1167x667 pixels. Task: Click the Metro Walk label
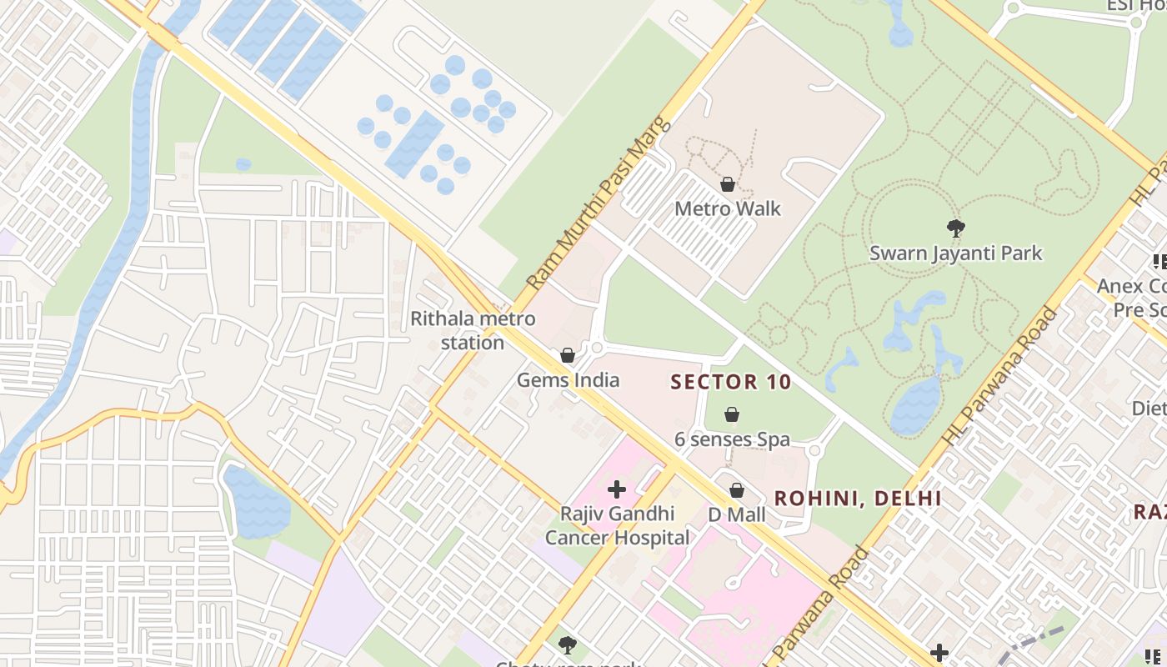pyautogui.click(x=728, y=208)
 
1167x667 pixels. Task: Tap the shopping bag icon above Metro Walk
pyautogui.click(x=728, y=184)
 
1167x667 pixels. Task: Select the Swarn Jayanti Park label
pyautogui.click(x=955, y=253)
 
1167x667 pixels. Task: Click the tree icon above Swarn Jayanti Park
pyautogui.click(x=955, y=227)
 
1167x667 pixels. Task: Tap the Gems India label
pyautogui.click(x=568, y=380)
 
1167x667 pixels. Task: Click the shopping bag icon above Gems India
pyautogui.click(x=568, y=355)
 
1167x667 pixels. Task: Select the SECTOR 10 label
pyautogui.click(x=730, y=383)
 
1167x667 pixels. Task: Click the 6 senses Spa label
pyautogui.click(x=732, y=439)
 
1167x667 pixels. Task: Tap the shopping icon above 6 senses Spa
pyautogui.click(x=732, y=414)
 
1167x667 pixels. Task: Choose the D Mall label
pyautogui.click(x=736, y=514)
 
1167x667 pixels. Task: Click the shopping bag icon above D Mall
pyautogui.click(x=737, y=490)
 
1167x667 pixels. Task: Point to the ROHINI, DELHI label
pyautogui.click(x=858, y=499)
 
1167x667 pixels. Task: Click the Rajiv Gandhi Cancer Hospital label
pyautogui.click(x=617, y=526)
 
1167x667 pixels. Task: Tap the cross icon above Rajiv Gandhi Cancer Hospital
pyautogui.click(x=617, y=489)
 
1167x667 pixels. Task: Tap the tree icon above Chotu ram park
pyautogui.click(x=568, y=644)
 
